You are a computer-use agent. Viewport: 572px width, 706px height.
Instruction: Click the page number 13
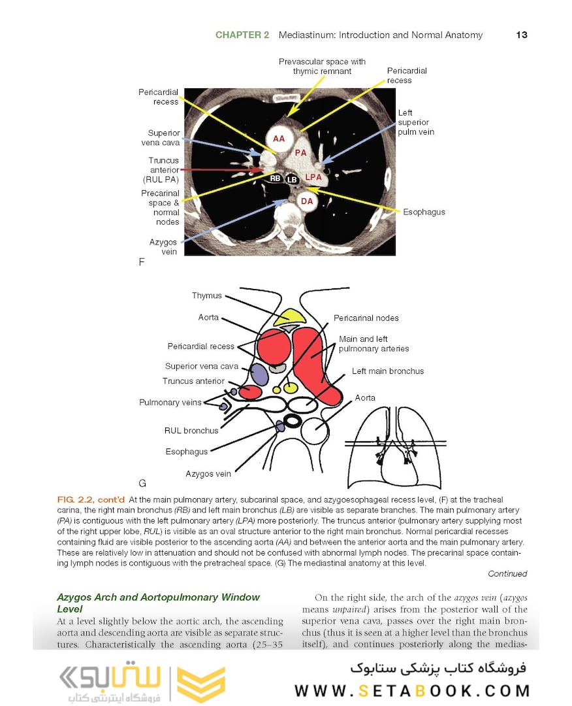tap(521, 35)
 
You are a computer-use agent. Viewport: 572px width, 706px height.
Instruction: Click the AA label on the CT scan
tap(279, 139)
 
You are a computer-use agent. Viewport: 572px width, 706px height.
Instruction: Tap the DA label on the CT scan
tap(307, 201)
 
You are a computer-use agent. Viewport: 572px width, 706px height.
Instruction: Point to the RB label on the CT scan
tap(276, 178)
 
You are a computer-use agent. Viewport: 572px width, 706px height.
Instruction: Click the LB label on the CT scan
tap(292, 179)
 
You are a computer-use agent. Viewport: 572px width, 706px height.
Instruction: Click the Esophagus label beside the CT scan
tap(424, 212)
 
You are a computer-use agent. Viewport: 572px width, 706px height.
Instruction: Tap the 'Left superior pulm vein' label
tap(413, 122)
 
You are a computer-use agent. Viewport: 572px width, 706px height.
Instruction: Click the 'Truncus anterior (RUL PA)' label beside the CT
tap(163, 169)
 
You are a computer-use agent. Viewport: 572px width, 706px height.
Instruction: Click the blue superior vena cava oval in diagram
tap(260, 373)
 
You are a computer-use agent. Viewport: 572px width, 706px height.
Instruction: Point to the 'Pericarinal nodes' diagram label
tap(366, 318)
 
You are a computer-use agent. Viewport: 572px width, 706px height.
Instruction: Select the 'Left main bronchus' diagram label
tap(388, 371)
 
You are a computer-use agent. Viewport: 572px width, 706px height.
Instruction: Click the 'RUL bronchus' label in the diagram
tap(191, 431)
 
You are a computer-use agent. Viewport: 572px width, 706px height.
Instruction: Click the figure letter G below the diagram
tap(142, 484)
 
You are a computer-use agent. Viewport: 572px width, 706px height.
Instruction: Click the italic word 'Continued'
tap(507, 574)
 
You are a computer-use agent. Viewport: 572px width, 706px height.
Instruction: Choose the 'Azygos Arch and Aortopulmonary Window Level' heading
tap(158, 603)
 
